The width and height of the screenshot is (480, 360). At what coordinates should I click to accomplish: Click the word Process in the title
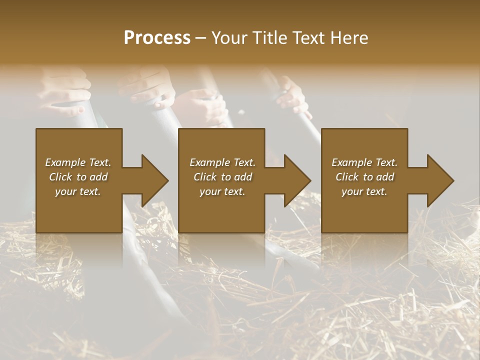click(x=157, y=37)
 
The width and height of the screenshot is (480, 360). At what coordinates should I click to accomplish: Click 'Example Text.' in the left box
click(x=78, y=162)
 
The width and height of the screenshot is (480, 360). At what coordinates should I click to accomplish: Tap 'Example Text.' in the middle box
click(x=222, y=162)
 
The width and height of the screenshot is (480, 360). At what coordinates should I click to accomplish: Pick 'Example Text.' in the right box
click(x=364, y=162)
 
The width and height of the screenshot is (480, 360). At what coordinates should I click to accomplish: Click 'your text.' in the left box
click(x=78, y=191)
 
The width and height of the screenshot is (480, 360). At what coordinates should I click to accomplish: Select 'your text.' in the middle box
click(x=222, y=191)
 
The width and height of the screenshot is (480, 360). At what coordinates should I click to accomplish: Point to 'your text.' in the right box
click(x=364, y=191)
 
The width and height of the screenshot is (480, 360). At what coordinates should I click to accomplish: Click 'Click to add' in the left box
click(x=78, y=177)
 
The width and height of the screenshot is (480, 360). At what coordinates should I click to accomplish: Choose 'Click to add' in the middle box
click(x=222, y=177)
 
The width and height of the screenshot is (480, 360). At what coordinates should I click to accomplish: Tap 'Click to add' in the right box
click(x=364, y=177)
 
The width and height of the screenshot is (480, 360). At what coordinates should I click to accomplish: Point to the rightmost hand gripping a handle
click(x=292, y=95)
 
